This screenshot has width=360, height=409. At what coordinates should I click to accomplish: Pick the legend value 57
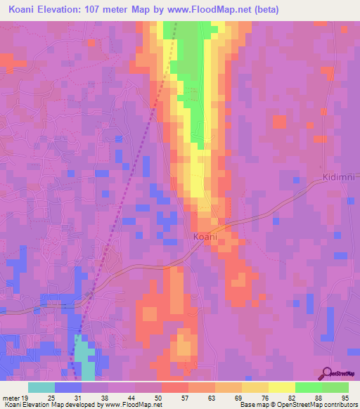click(176, 398)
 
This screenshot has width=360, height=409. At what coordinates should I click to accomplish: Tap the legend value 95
click(344, 398)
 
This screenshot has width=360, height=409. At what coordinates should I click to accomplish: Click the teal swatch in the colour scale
click(41, 387)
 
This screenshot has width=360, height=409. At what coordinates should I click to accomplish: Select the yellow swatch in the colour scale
click(282, 387)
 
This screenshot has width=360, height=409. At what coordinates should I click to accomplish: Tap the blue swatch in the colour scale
click(68, 387)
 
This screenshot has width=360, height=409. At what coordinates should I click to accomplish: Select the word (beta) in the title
click(264, 10)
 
